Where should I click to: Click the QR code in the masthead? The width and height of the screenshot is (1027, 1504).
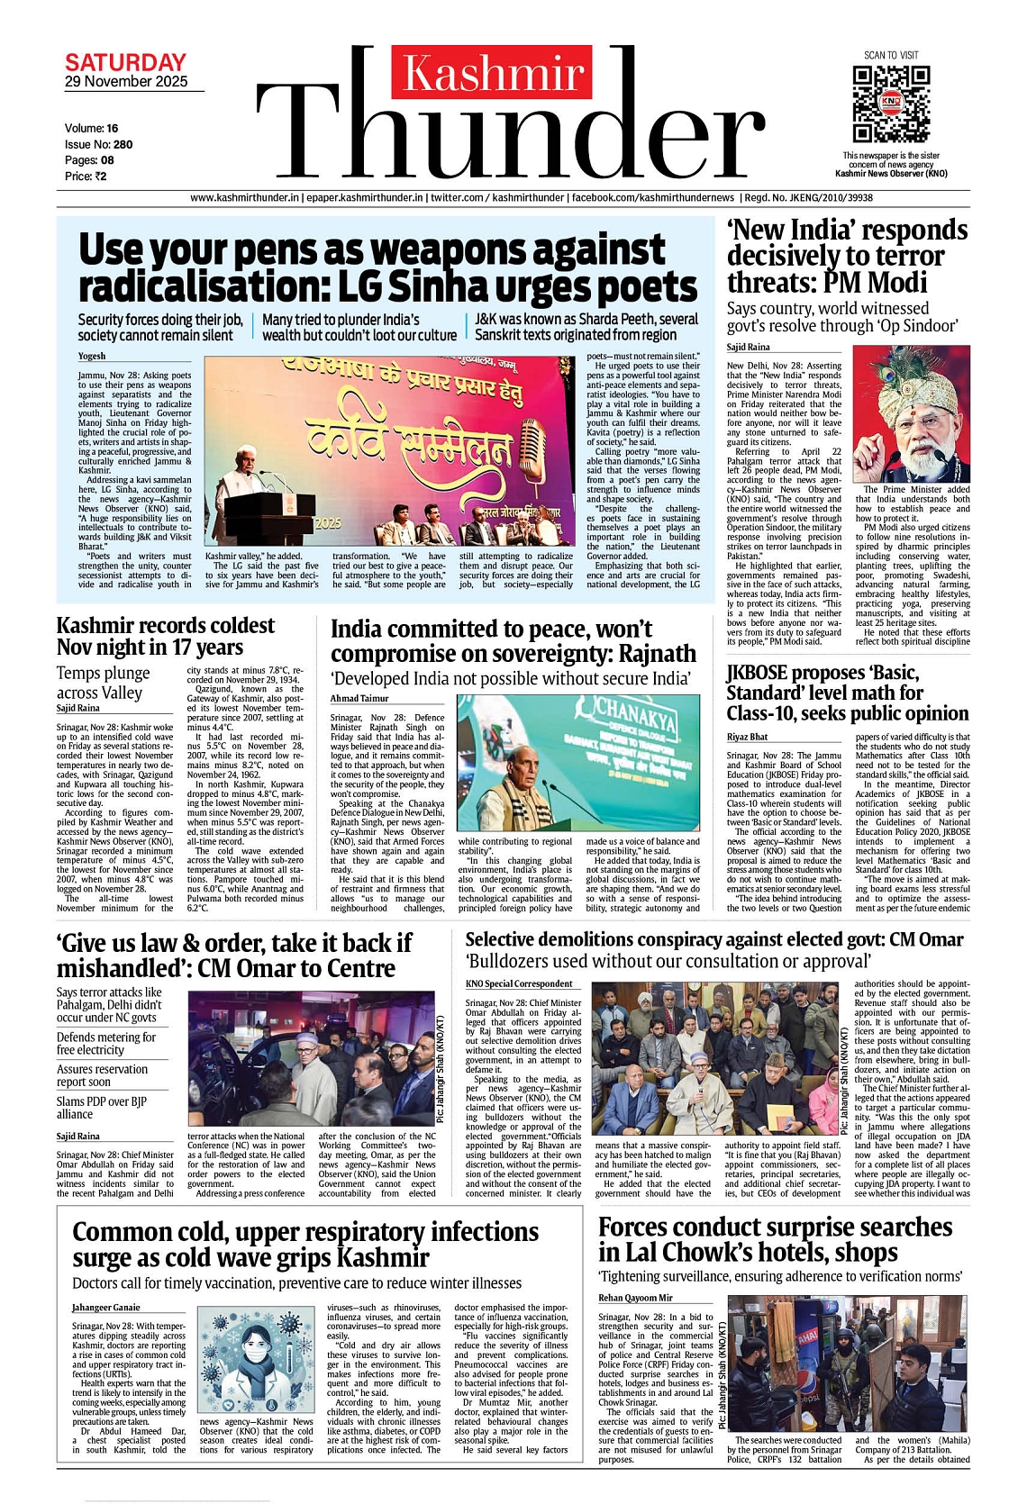[890, 104]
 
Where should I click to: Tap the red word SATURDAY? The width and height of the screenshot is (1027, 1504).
[125, 63]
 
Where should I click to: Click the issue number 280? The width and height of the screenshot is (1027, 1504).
[123, 144]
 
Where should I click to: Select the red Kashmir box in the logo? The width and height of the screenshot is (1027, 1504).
[492, 72]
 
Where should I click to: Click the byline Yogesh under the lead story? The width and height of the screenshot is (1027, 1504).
[92, 356]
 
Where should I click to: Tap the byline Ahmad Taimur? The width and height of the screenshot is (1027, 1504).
[359, 698]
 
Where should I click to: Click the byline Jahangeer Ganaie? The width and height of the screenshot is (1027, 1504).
[106, 1307]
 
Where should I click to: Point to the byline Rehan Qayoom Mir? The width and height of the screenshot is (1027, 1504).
[635, 1298]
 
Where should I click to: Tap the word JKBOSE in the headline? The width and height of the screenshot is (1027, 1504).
[758, 673]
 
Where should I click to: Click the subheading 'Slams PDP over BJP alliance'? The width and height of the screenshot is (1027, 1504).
[101, 1108]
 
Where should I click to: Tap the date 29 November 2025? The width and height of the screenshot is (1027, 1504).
[126, 82]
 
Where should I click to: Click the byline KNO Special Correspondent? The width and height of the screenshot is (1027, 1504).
[519, 983]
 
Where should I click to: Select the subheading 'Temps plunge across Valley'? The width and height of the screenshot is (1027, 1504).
[104, 683]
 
